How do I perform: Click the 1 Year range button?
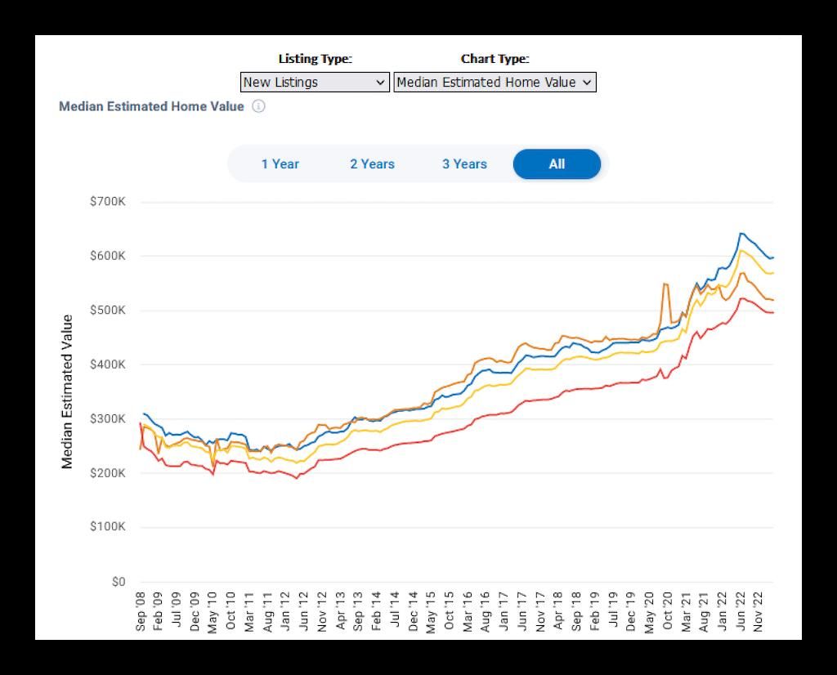click(280, 164)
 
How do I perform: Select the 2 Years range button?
click(372, 164)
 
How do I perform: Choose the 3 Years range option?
click(464, 164)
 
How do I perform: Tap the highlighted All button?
click(557, 164)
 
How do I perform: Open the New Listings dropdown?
click(315, 83)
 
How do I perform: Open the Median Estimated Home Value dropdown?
click(495, 83)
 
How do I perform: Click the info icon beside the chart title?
click(258, 106)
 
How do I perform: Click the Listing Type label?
click(315, 59)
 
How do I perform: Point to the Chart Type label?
click(495, 59)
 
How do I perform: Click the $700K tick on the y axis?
click(108, 202)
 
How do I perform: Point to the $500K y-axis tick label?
click(108, 311)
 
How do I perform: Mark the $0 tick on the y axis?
click(118, 582)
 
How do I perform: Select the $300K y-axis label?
click(108, 419)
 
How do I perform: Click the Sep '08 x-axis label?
click(141, 611)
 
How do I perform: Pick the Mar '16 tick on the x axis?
click(468, 611)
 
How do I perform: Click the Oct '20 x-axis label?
click(667, 611)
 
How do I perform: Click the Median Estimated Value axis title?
click(67, 391)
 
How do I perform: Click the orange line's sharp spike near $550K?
click(665, 284)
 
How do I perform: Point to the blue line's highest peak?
click(741, 234)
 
